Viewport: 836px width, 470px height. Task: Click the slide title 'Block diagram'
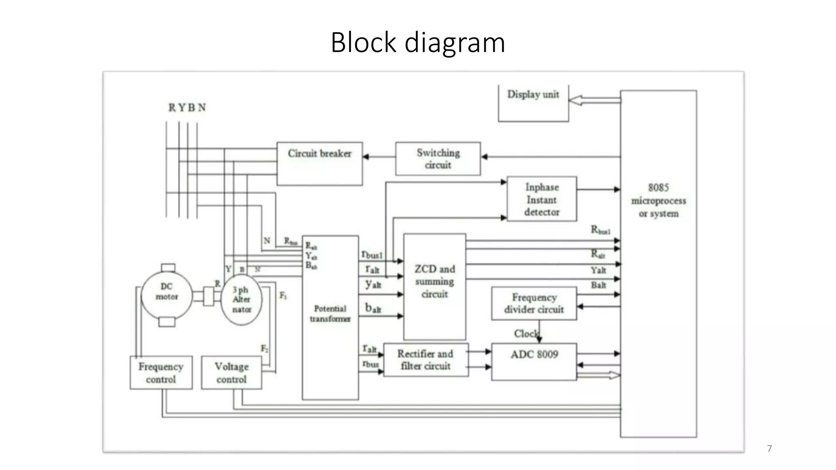point(418,42)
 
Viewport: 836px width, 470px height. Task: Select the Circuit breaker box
point(320,163)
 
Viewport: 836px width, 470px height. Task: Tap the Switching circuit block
point(438,159)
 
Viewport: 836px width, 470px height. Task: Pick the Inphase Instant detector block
point(542,199)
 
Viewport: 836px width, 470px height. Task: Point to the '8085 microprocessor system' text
point(658,200)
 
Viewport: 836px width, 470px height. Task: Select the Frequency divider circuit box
point(534,303)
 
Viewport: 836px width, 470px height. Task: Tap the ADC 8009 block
point(534,361)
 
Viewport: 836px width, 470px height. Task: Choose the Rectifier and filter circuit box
point(426,360)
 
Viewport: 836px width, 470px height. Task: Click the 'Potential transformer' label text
point(330,313)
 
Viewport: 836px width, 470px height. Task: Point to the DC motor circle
point(167,296)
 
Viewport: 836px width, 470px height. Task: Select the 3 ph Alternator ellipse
point(241,300)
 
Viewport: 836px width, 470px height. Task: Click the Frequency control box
point(161,372)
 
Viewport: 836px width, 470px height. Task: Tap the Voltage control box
point(231,372)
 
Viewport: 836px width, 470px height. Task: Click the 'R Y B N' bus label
point(187,108)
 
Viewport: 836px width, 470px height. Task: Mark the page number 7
point(769,448)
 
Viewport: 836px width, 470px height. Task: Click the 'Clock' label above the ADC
point(526,334)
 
